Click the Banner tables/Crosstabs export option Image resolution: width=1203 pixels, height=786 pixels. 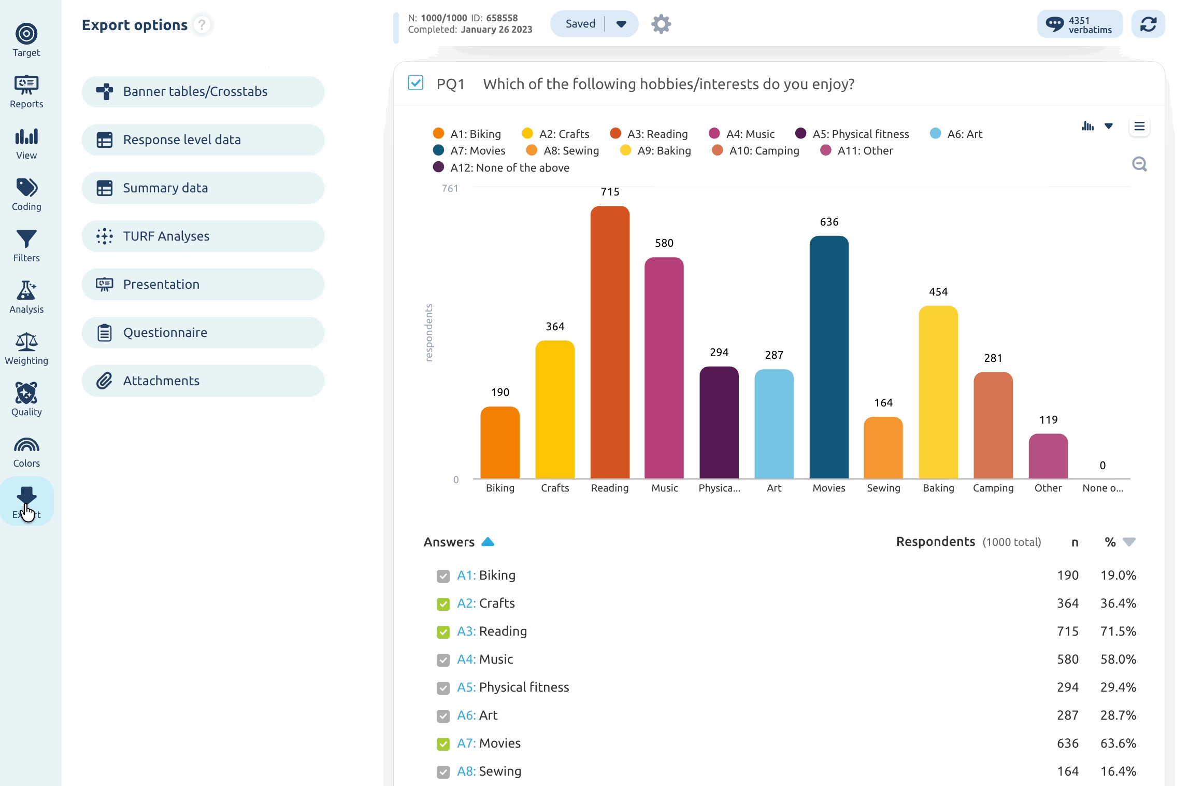pyautogui.click(x=203, y=92)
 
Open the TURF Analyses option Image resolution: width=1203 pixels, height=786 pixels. pyautogui.click(x=203, y=236)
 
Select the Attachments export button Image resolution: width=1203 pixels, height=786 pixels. pyautogui.click(x=203, y=381)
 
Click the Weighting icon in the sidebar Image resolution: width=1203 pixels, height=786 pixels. pyautogui.click(x=26, y=342)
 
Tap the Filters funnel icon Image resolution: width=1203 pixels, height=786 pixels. pyautogui.click(x=26, y=239)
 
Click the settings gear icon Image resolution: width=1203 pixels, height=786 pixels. pyautogui.click(x=661, y=24)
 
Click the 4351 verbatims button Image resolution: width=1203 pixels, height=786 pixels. pyautogui.click(x=1080, y=24)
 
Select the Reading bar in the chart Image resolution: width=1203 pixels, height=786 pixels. pyautogui.click(x=610, y=342)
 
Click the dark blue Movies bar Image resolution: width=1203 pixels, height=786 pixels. pyautogui.click(x=829, y=357)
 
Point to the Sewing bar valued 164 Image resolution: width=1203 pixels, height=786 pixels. pyautogui.click(x=883, y=447)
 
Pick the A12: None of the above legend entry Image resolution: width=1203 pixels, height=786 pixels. pyautogui.click(x=501, y=167)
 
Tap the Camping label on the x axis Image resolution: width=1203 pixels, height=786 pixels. pyautogui.click(x=993, y=488)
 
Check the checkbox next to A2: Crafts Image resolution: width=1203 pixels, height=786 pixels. pyautogui.click(x=443, y=604)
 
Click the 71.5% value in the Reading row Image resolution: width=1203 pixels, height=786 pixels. pyautogui.click(x=1118, y=631)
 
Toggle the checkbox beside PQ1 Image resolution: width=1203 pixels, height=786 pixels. pyautogui.click(x=416, y=83)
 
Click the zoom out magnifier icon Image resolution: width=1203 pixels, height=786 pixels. pyautogui.click(x=1139, y=164)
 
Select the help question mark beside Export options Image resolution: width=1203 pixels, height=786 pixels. pyautogui.click(x=202, y=24)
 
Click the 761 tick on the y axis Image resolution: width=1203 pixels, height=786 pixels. pyautogui.click(x=450, y=189)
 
